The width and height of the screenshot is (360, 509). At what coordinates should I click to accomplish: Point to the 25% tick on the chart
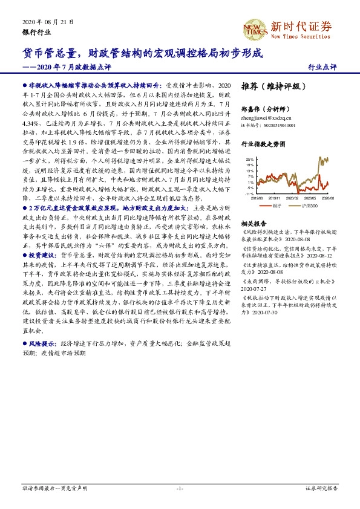[249, 159]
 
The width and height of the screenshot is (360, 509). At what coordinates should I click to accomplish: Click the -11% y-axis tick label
[249, 194]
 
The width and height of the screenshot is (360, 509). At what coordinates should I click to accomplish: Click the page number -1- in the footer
[180, 487]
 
